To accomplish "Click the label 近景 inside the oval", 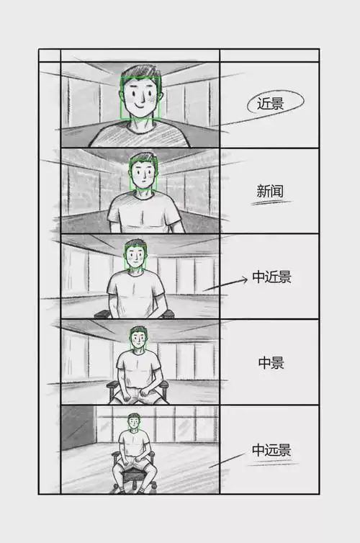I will point(270,104).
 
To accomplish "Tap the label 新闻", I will point(270,191).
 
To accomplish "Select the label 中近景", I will point(272,277).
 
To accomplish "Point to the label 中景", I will point(271,363).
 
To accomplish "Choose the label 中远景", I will point(271,451).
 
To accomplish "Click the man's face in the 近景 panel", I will point(140,101).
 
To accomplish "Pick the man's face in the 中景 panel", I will point(138,339).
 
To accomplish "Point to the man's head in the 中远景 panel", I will point(133,421).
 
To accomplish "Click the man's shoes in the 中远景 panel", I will point(134,489).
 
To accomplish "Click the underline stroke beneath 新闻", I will point(271,203).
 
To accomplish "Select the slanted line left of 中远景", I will point(227,461).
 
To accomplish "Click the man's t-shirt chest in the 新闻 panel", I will point(144,212).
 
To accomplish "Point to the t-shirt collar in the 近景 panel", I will point(140,128).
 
